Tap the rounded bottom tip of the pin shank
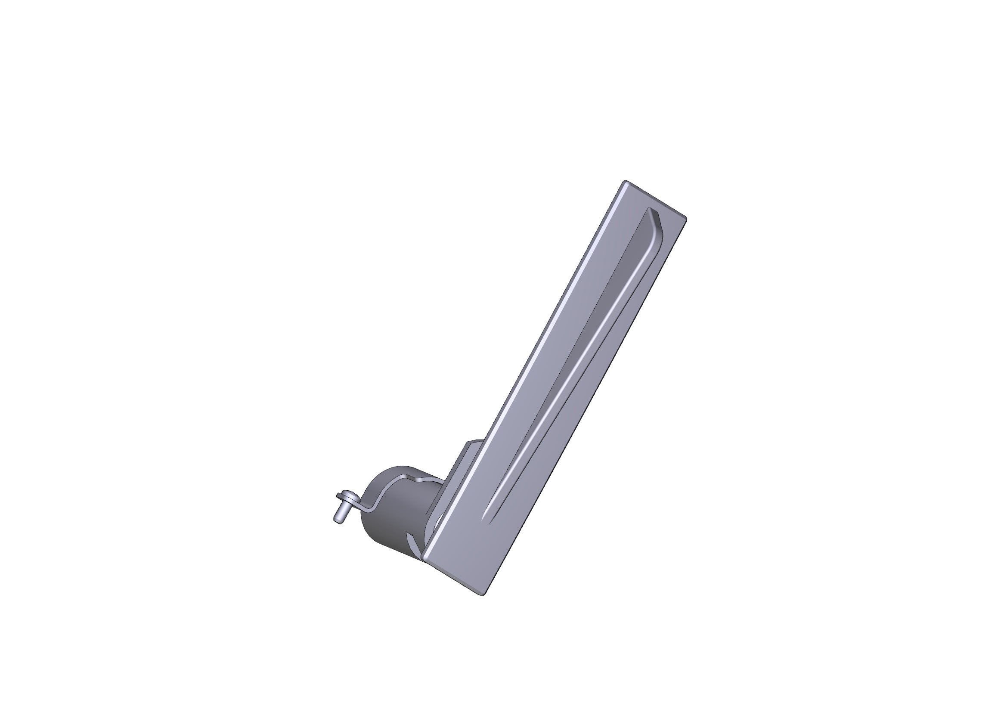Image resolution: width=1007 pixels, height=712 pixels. click(338, 520)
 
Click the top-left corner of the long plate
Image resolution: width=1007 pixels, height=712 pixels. click(626, 182)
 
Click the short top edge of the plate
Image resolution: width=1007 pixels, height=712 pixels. click(655, 199)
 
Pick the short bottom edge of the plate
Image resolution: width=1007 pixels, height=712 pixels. click(453, 577)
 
